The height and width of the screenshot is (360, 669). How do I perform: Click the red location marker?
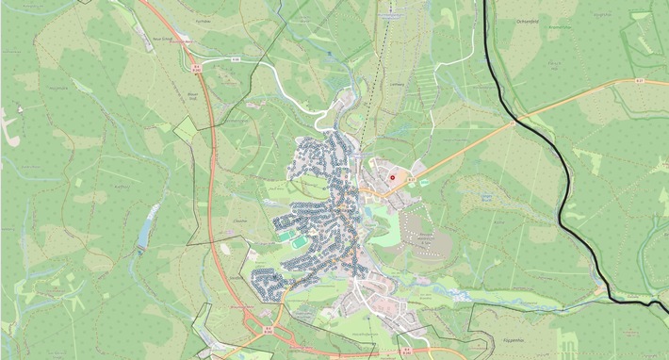tap(393, 175)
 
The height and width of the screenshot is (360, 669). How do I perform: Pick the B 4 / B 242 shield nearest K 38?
tap(197, 67)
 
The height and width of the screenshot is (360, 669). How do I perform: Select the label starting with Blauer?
tap(193, 94)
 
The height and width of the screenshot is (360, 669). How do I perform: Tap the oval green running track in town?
tap(300, 242)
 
